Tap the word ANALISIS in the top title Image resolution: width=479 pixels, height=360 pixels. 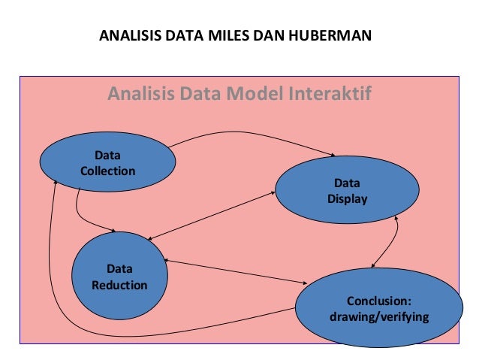click(129, 35)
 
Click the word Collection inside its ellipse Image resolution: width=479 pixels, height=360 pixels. click(107, 171)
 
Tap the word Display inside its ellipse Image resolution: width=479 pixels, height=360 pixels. click(347, 198)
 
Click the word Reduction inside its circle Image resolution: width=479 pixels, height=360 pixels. click(119, 285)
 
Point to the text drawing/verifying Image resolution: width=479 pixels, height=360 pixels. click(379, 316)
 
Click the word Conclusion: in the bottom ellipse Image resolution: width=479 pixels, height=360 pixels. click(379, 300)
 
